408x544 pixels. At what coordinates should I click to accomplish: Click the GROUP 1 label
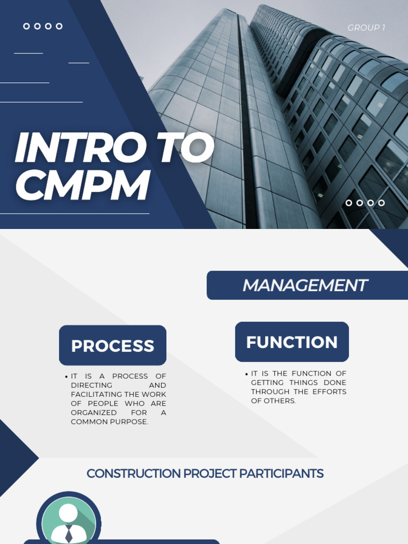[366, 28]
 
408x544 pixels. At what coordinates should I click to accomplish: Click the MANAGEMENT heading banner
[305, 285]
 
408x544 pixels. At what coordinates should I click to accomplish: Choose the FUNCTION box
[292, 342]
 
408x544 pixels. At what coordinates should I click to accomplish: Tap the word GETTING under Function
[269, 382]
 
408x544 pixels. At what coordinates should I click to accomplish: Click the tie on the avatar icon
[69, 533]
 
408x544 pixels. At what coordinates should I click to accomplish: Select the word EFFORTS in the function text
[328, 392]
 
